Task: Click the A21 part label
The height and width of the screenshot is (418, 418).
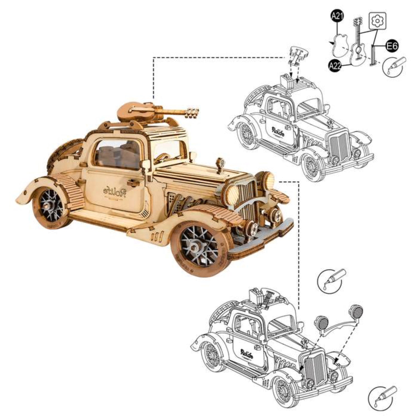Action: point(337,16)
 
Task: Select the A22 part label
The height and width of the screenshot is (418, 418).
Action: point(335,66)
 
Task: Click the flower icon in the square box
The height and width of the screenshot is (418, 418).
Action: point(378,21)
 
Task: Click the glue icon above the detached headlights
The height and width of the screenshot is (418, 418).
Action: point(330,281)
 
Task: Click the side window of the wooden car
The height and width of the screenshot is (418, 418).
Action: point(117,155)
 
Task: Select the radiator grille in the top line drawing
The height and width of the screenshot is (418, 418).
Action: point(339,148)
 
